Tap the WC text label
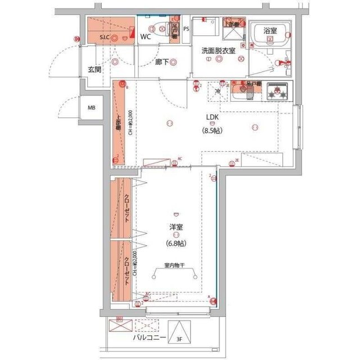[x=146, y=37]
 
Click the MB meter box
[x=91, y=109]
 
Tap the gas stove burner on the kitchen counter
[x=278, y=93]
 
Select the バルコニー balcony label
[x=148, y=339]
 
